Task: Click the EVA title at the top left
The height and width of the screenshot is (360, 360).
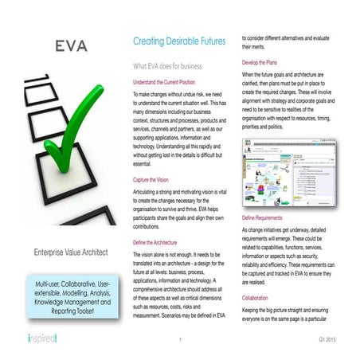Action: coord(72,46)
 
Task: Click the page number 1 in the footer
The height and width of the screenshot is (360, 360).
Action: coord(181,340)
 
